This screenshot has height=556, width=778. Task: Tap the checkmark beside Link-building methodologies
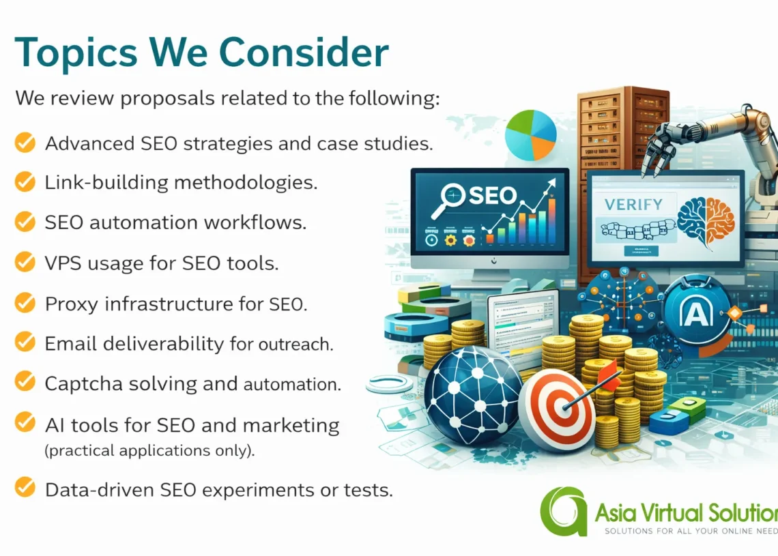coord(25,182)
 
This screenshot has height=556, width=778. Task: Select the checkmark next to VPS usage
coord(25,262)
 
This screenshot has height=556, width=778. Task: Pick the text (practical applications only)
coord(149,451)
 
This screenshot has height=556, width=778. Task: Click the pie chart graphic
coord(530,134)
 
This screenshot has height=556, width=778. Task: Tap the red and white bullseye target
coord(556,410)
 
